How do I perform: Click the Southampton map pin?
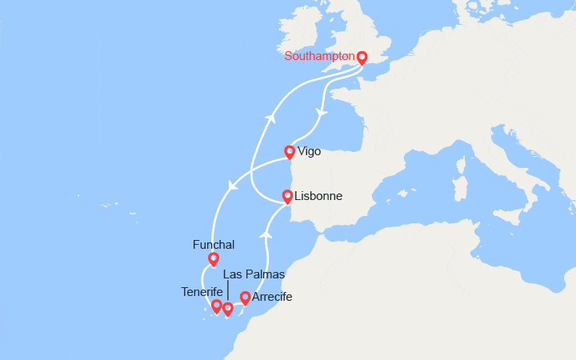[x=362, y=58]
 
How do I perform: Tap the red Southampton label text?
[x=319, y=56]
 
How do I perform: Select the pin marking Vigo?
[x=290, y=151]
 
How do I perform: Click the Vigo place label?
[x=309, y=150]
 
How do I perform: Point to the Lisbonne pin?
[x=287, y=196]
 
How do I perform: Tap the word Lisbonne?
[x=318, y=196]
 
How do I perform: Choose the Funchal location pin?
[x=213, y=258]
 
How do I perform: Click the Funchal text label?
[x=214, y=244]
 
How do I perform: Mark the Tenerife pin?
[x=216, y=306]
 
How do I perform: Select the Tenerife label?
[x=202, y=291]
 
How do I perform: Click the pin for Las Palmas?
[x=228, y=309]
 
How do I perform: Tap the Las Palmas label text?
[x=254, y=274]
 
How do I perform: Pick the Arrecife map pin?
[x=245, y=298]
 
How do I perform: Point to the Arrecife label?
[x=271, y=298]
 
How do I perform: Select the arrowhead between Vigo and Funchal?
[x=233, y=186]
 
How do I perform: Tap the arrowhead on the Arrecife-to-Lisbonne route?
[x=266, y=234]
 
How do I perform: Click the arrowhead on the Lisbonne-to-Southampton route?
[x=270, y=118]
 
